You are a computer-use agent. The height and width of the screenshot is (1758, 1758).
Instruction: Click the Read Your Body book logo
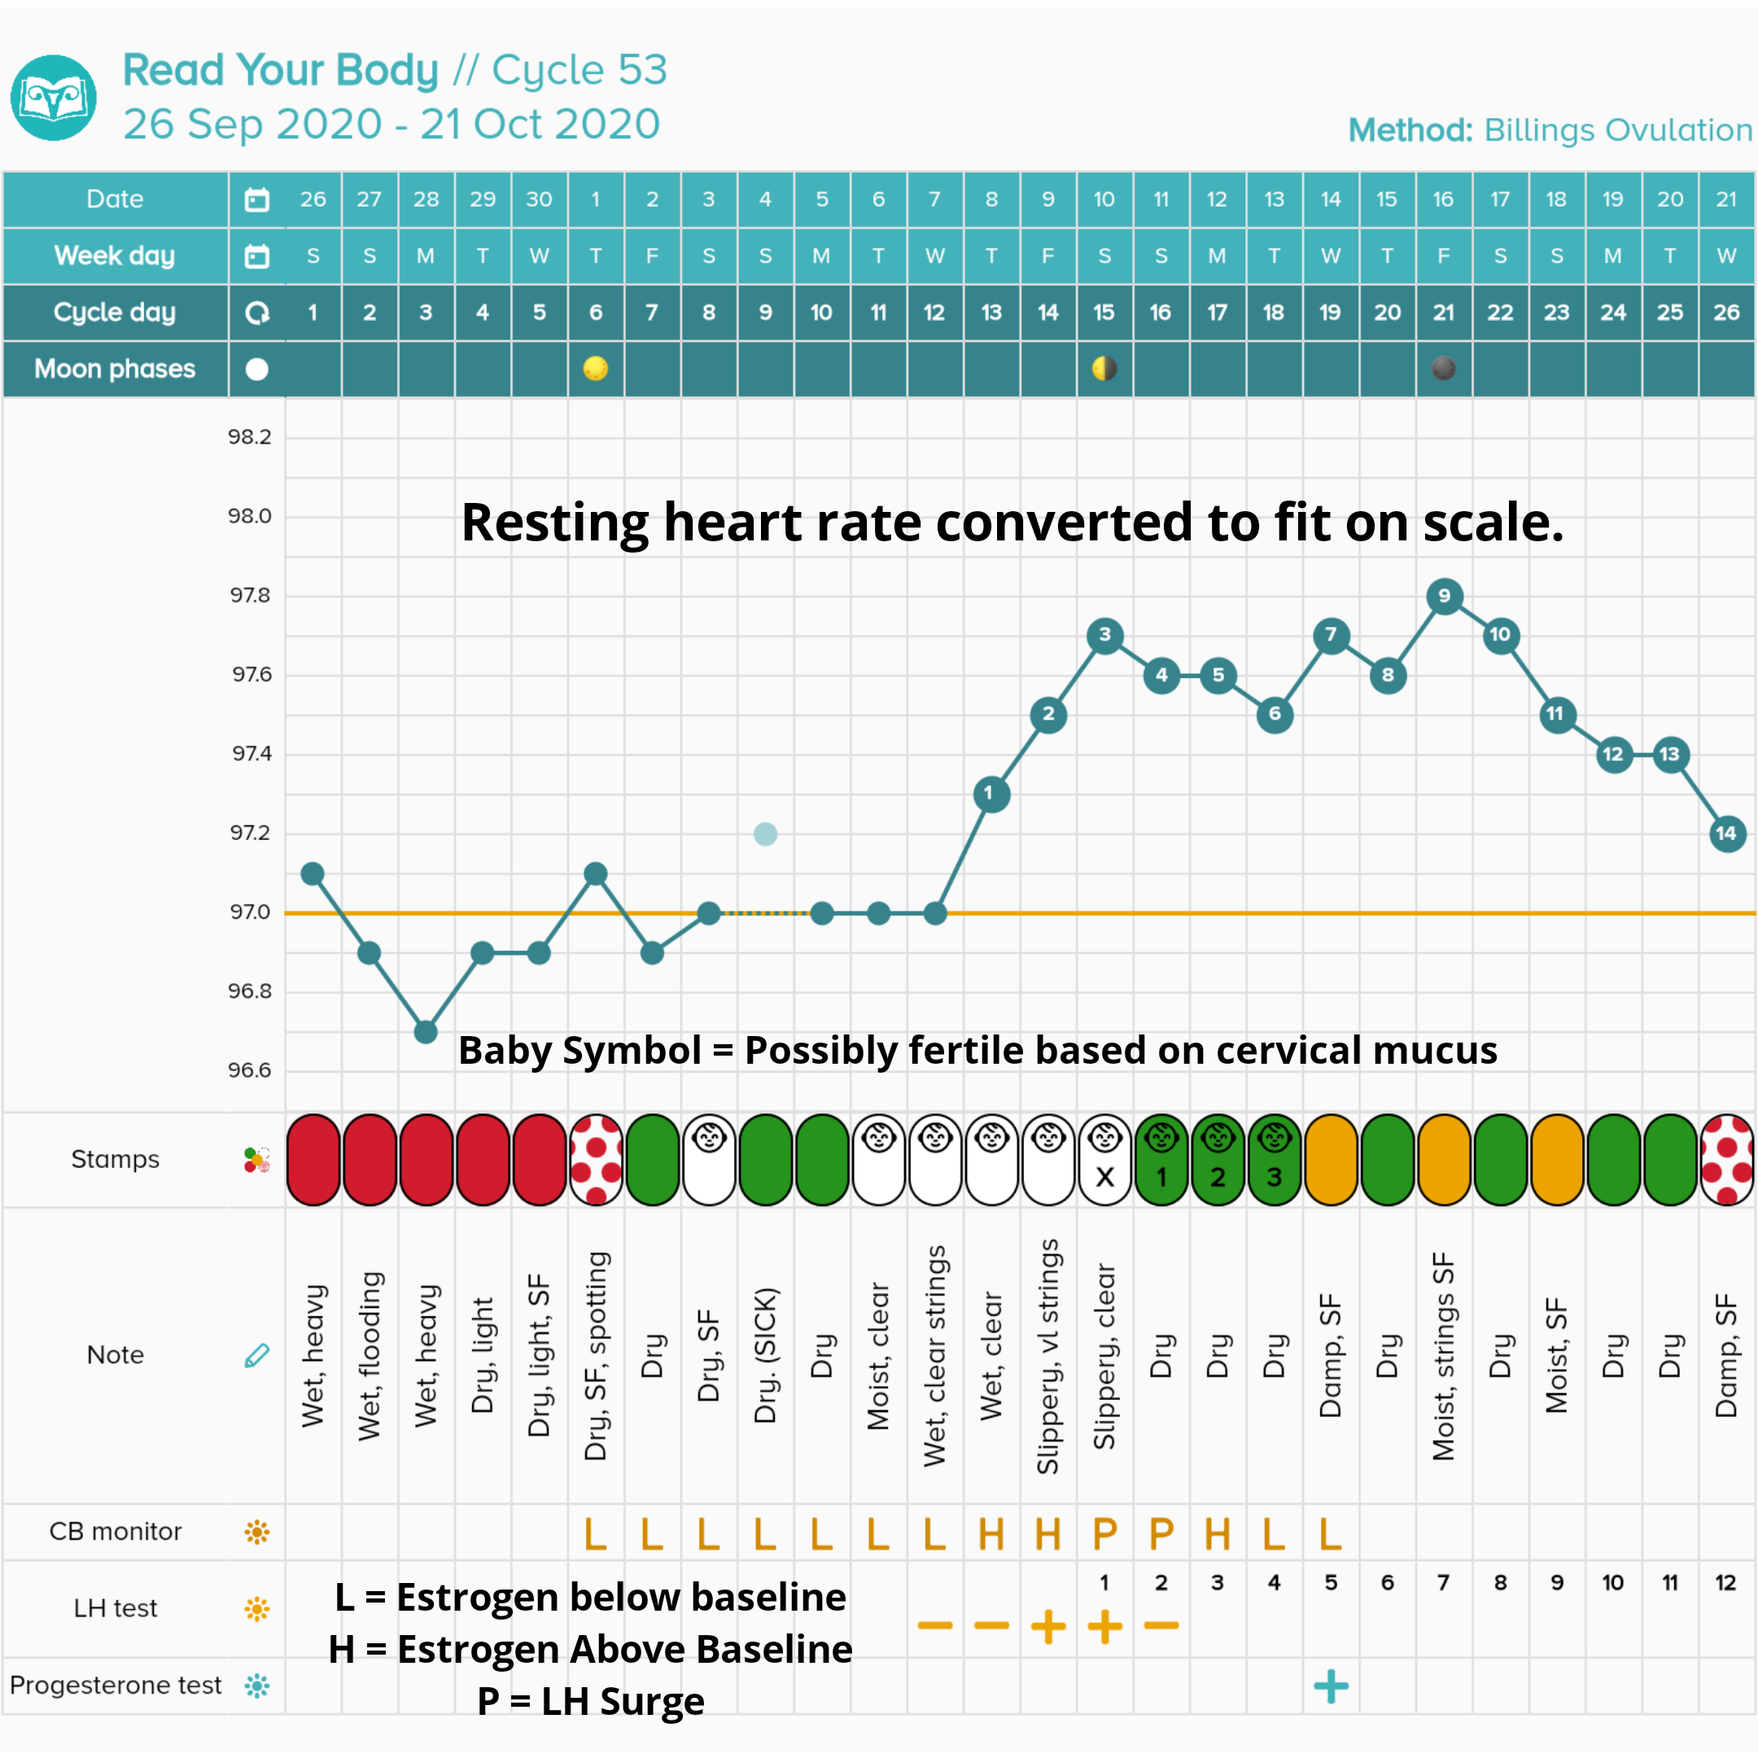54,98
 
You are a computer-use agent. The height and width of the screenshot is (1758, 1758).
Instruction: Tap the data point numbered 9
1444,596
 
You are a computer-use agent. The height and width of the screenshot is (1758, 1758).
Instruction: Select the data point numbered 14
1726,833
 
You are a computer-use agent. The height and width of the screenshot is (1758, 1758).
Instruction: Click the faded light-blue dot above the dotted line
765,833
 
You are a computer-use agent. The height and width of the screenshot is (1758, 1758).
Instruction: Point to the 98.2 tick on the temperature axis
249,437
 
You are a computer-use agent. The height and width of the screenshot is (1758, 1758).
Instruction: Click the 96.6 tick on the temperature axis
249,1070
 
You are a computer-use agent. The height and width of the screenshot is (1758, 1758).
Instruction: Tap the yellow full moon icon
595,369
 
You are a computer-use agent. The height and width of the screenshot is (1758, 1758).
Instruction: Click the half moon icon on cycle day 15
1104,369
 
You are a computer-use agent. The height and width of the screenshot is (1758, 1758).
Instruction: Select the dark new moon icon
1443,369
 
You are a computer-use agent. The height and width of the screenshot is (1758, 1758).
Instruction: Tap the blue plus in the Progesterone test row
1331,1686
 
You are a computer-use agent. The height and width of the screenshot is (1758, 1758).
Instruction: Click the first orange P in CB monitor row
1104,1534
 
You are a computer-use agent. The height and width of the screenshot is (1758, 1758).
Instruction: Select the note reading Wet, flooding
370,1356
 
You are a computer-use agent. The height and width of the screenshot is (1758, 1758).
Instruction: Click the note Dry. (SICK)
765,1356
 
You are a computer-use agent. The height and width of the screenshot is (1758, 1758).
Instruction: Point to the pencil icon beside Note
256,1356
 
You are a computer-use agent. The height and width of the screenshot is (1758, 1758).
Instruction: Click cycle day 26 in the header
1726,312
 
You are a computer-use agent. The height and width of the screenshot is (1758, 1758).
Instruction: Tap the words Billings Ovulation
1618,130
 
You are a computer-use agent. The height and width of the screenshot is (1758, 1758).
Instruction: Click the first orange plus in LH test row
1048,1626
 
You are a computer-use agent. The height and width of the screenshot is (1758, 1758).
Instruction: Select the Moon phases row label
115,369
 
